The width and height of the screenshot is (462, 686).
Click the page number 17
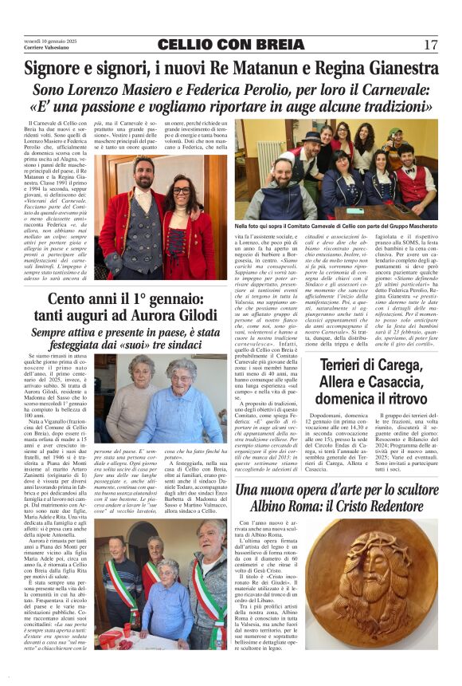pos(431,45)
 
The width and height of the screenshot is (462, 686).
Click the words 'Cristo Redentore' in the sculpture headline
pos(381,508)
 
